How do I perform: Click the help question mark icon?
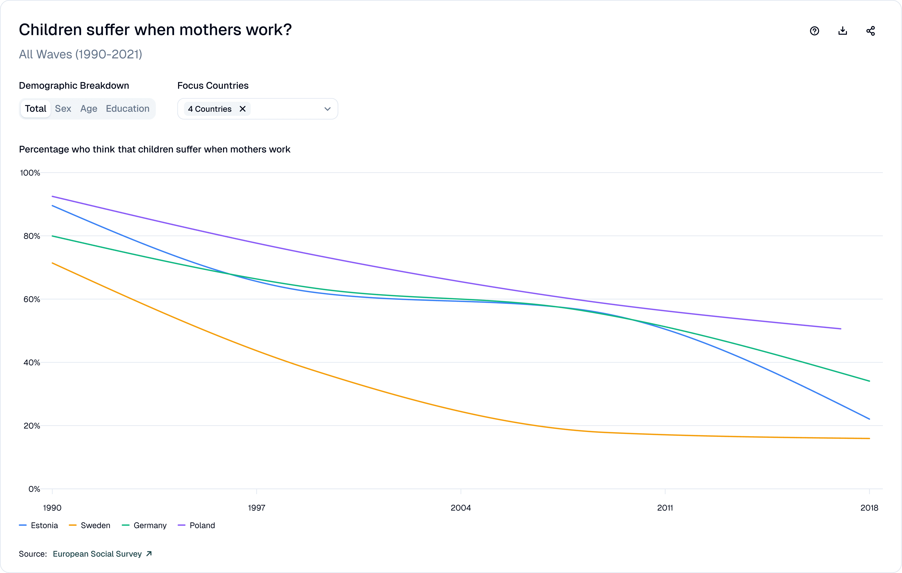[x=814, y=31]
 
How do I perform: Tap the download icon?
[x=842, y=31]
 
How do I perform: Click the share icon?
[x=871, y=31]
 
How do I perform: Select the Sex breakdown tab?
[x=63, y=109]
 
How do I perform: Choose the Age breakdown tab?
[x=89, y=109]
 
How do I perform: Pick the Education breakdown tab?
[x=127, y=109]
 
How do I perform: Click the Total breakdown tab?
[x=36, y=109]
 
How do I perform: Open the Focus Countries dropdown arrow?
[x=328, y=109]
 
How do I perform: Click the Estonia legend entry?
[x=39, y=525]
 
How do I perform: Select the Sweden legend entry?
[x=89, y=525]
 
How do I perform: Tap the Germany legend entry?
[x=144, y=525]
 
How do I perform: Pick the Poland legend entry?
[x=197, y=525]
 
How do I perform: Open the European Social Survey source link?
[x=102, y=554]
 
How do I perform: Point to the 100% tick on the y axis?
[x=30, y=173]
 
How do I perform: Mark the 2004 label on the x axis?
[x=461, y=508]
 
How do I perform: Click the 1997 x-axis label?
[x=257, y=508]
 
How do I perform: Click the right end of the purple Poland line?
[x=841, y=329]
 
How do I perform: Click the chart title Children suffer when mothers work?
[x=155, y=30]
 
